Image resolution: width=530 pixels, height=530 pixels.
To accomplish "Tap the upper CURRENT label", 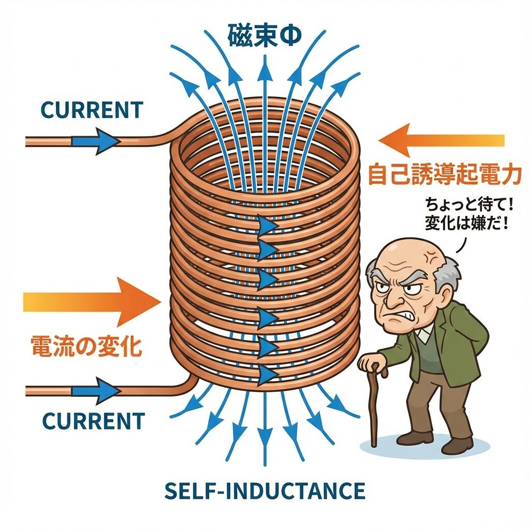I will pos(91,110).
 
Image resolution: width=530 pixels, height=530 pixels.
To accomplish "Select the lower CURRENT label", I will pos(93,421).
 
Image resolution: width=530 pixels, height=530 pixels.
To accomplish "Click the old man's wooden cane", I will pos(374,409).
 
